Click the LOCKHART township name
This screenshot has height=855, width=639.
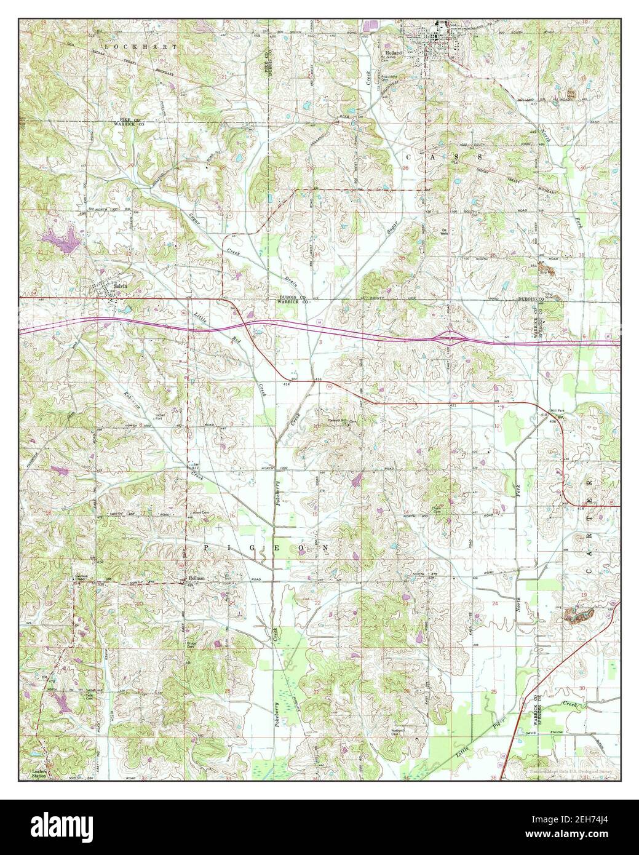click(141, 47)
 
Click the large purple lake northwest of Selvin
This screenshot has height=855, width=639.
click(60, 239)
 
